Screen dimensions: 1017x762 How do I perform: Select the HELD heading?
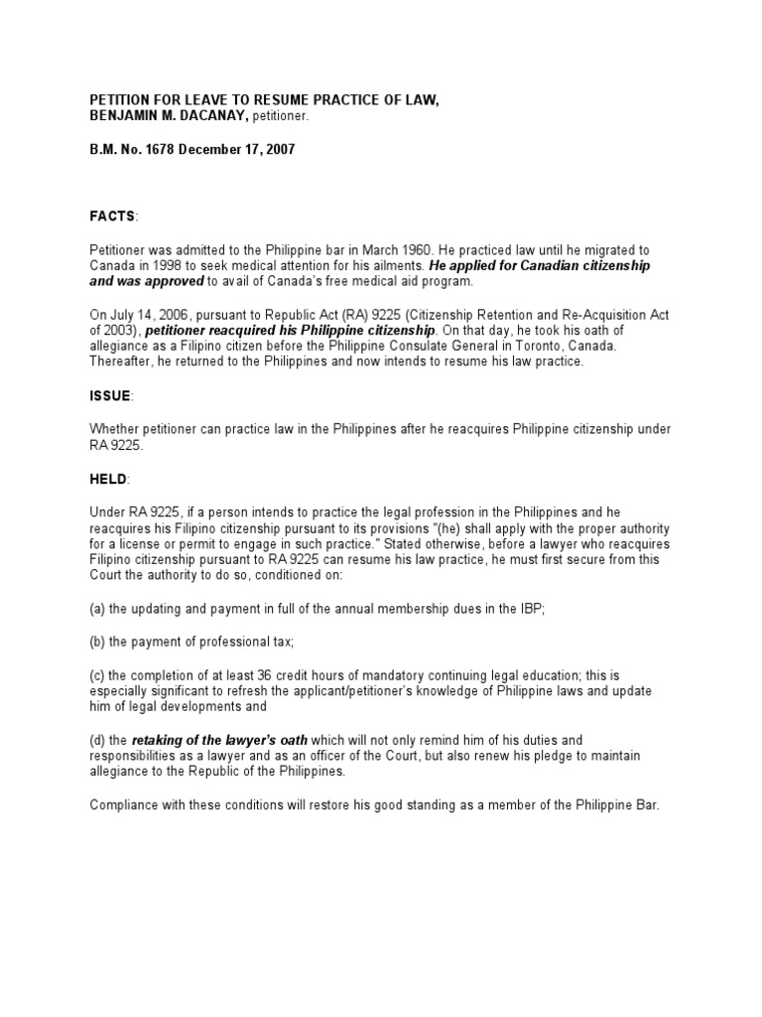click(108, 480)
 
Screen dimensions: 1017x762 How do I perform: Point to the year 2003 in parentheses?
click(121, 330)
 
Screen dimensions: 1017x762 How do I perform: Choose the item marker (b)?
click(98, 643)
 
